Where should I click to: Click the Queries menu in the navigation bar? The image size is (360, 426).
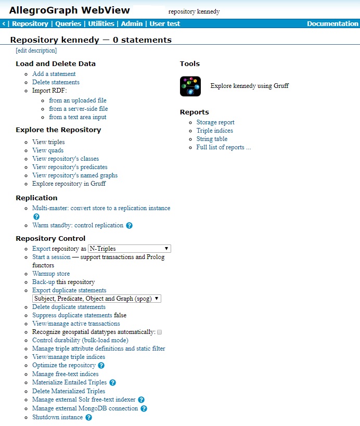tap(68, 24)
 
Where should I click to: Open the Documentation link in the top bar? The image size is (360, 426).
tap(332, 24)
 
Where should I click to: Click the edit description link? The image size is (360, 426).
tap(36, 50)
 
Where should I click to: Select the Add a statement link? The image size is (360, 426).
tap(54, 74)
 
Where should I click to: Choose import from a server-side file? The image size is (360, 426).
tap(78, 109)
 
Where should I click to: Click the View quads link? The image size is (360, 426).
tap(48, 150)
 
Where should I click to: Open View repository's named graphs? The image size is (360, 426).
tap(75, 175)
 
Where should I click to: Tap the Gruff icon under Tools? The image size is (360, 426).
tap(190, 86)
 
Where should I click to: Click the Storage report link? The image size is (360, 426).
tap(215, 122)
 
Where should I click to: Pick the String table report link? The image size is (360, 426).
tap(212, 139)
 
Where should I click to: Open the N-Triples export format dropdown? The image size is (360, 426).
tap(129, 249)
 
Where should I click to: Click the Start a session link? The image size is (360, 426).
tap(51, 257)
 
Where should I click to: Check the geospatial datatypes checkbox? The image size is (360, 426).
tap(160, 332)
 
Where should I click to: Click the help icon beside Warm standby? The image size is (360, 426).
tap(130, 226)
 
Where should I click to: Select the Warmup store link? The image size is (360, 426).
tap(51, 274)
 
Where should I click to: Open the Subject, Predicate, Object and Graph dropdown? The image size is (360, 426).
tap(97, 299)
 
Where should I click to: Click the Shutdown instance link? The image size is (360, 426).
tap(57, 417)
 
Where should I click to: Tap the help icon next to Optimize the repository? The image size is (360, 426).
tap(101, 366)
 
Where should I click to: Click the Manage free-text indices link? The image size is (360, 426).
tap(65, 374)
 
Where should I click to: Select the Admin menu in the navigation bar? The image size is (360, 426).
tap(132, 24)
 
